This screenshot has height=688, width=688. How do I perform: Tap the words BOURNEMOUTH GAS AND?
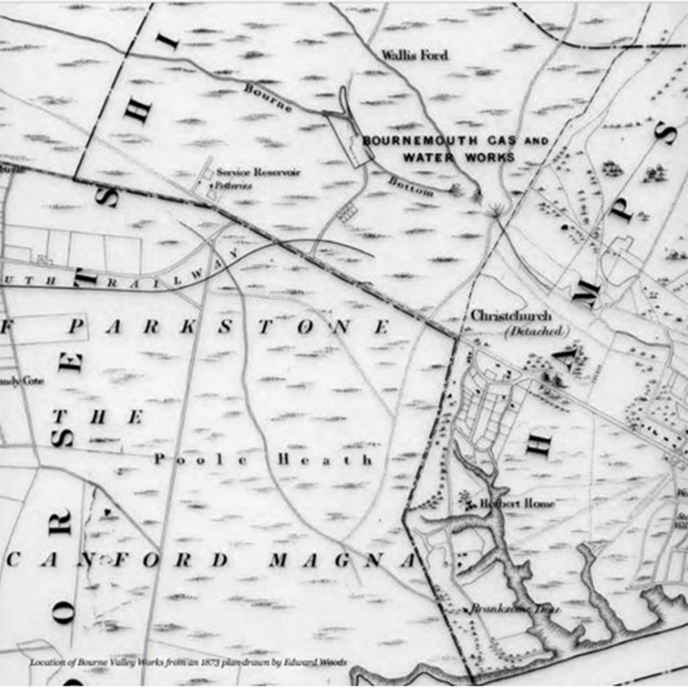coord(456,140)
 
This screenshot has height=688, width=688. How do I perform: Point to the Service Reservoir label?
coord(258,172)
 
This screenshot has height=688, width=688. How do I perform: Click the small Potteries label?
coord(233,184)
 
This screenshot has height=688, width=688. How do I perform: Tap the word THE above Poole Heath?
coord(98,417)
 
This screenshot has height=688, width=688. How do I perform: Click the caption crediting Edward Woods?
coord(187,661)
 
